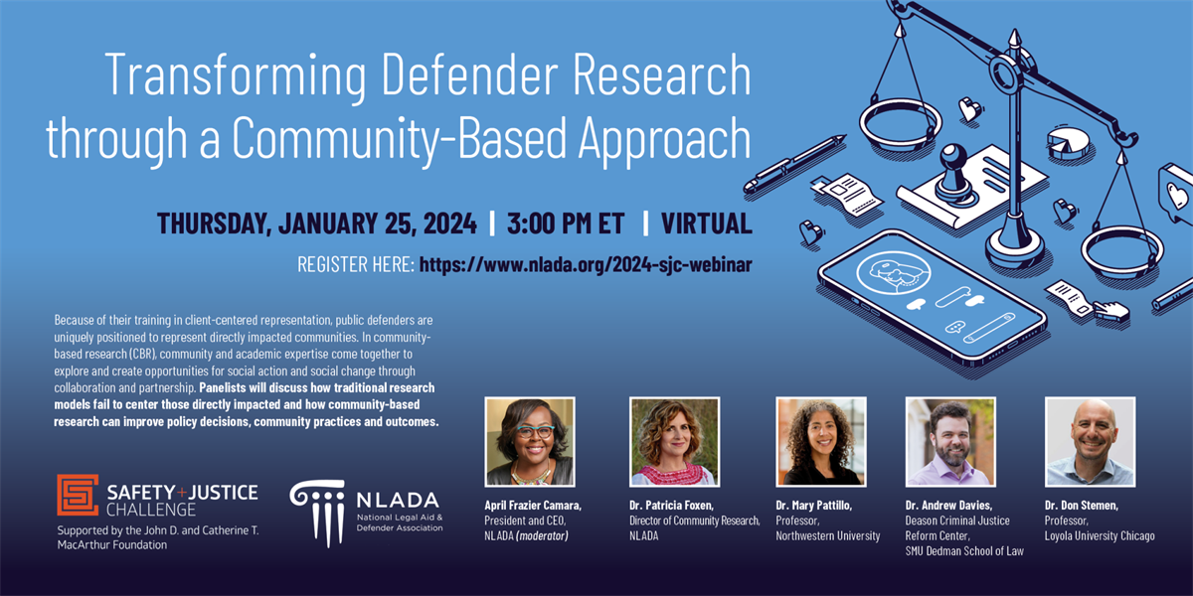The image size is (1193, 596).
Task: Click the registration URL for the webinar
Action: (x=586, y=264)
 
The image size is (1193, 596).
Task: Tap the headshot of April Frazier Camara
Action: (x=530, y=442)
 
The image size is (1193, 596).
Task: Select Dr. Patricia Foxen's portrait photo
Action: (x=674, y=442)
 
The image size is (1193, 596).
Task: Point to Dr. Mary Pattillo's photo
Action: (x=821, y=442)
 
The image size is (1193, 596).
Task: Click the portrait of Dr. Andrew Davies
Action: (x=950, y=442)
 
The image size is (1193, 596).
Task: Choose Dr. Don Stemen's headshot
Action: (x=1091, y=442)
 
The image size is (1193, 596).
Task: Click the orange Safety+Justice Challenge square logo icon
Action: (x=78, y=495)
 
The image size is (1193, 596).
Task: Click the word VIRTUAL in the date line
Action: (x=707, y=223)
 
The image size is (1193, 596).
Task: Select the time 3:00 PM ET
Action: (x=566, y=223)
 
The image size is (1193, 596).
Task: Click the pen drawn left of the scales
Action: (x=794, y=163)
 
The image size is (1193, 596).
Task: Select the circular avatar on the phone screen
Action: (x=894, y=272)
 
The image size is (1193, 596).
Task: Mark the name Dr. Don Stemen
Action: (x=1082, y=506)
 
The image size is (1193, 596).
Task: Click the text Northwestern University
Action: (x=827, y=535)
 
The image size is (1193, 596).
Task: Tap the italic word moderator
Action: (x=542, y=535)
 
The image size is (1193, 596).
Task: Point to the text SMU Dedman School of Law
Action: (x=964, y=551)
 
